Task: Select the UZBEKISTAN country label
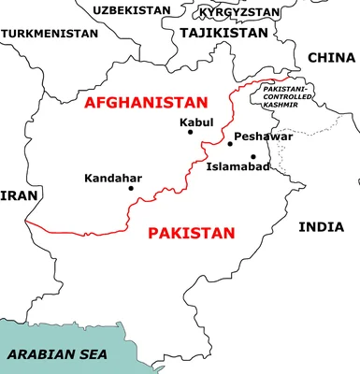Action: coord(131,10)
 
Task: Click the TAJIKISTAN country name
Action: coord(223,32)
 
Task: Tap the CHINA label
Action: coord(331,58)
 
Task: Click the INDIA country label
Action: coord(321,227)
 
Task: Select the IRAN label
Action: coord(18,195)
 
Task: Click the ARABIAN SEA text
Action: coord(57,354)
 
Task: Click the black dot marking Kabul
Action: coord(191,132)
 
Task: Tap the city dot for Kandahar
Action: coord(131,188)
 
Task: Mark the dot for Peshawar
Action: coord(230,143)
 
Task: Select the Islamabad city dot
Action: coord(252,156)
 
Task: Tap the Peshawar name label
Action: coord(263,137)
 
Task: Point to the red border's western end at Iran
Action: coord(27,223)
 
